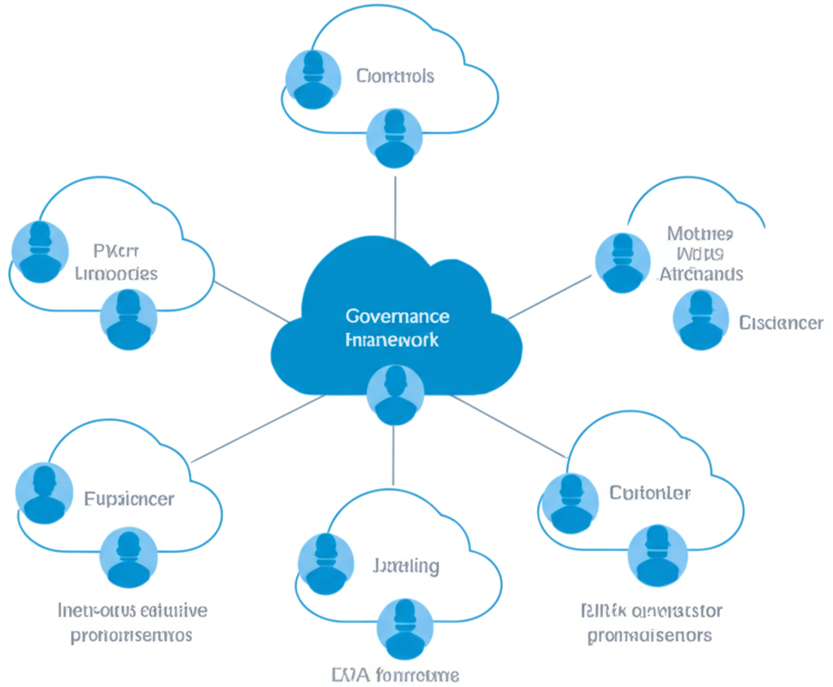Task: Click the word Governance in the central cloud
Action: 397,316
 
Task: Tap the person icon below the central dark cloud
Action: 395,394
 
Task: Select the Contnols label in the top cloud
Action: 395,76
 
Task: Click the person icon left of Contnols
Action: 313,79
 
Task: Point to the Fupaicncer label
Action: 129,498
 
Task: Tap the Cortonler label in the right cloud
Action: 650,492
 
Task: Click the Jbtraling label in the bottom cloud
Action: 406,565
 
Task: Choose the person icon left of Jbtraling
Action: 325,563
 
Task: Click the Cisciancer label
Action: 781,323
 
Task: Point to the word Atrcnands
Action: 701,273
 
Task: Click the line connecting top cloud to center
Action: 395,208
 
